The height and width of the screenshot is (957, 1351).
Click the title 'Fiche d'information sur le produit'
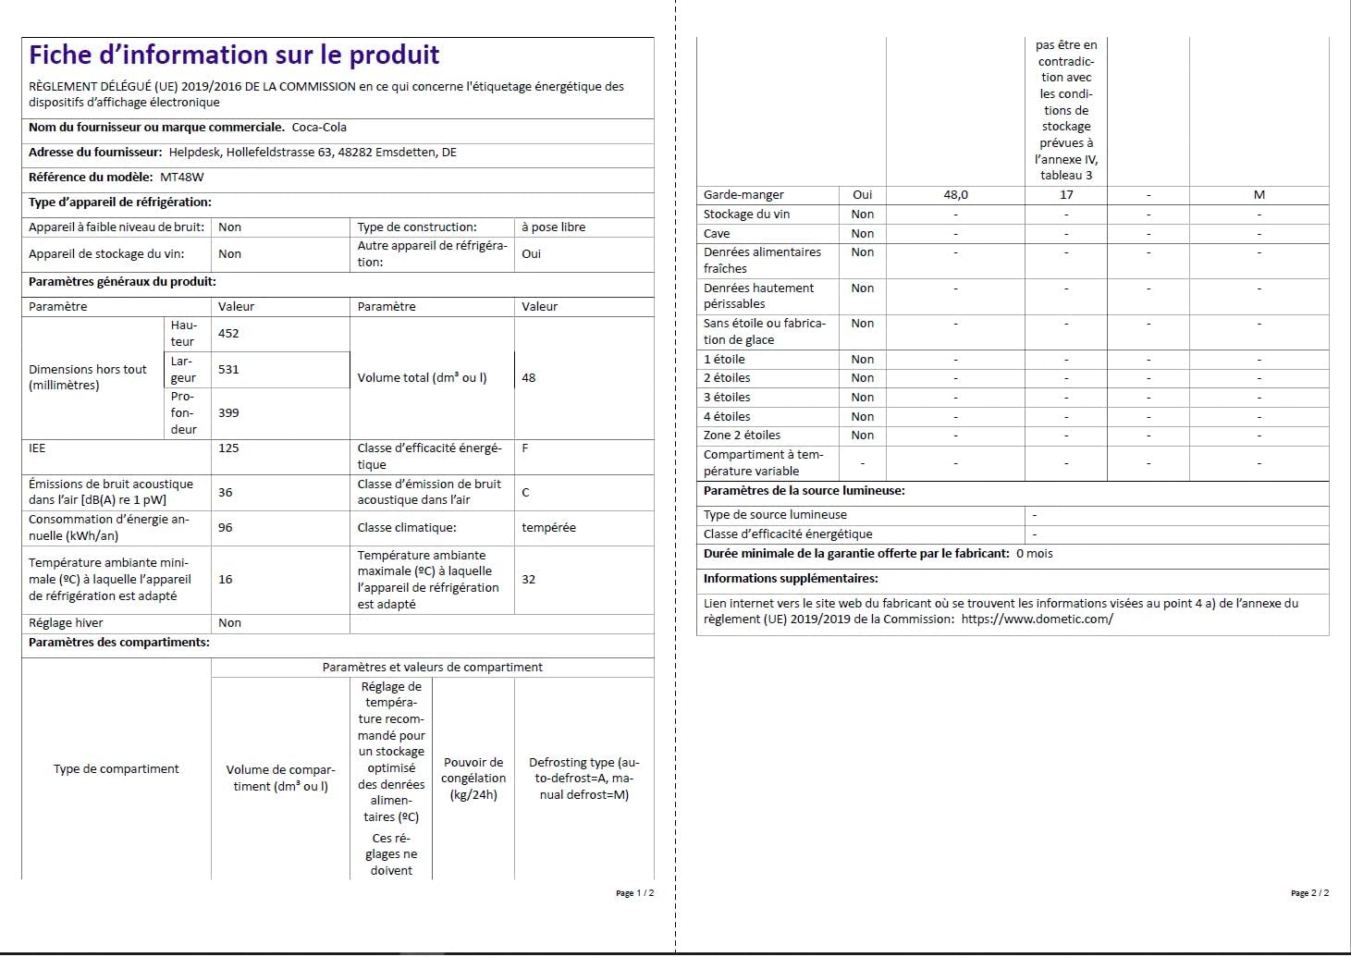234,55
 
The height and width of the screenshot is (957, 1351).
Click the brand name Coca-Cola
319,128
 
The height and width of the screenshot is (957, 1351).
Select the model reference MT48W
182,177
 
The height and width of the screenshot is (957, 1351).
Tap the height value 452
228,334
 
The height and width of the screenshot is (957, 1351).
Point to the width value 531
228,370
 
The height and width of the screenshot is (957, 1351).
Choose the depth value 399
228,413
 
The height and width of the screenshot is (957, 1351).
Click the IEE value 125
228,448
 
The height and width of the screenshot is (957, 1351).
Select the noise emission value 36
226,493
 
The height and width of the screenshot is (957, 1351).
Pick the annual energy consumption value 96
226,528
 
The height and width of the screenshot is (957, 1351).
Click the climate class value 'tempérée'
548,528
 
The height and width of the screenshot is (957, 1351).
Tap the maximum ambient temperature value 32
529,580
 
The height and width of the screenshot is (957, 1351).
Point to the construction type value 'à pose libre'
553,227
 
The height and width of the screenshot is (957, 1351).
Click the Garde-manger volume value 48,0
955,195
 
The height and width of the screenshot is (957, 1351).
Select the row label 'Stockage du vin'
746,215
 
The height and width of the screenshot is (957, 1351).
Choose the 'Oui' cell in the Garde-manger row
862,195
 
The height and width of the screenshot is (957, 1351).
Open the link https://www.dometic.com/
1037,620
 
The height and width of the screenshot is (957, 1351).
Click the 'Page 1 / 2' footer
634,893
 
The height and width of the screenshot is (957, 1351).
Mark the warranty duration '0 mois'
1034,554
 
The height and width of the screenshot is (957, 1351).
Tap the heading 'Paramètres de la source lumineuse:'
804,491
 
